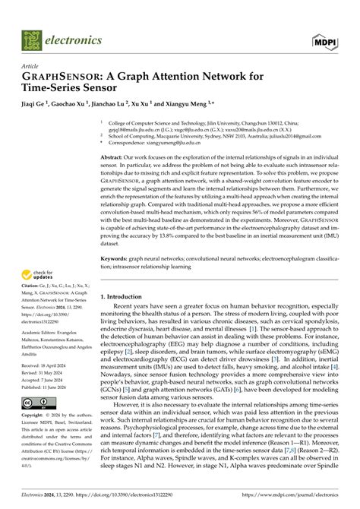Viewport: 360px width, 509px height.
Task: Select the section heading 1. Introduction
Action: tap(121, 296)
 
